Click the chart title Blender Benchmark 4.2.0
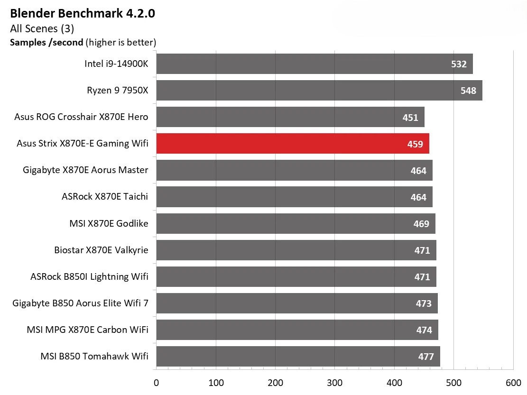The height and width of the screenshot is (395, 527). (x=83, y=13)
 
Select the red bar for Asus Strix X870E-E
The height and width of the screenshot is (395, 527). (x=293, y=144)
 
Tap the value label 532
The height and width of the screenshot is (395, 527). (x=459, y=64)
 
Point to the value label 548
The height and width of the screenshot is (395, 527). (x=468, y=91)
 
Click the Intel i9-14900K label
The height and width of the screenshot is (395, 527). (x=116, y=64)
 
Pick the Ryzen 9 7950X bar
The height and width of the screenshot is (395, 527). (x=319, y=91)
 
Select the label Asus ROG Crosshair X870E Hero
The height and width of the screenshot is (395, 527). (x=81, y=117)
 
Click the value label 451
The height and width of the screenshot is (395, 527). (x=410, y=117)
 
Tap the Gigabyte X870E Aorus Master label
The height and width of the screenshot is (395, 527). (x=85, y=170)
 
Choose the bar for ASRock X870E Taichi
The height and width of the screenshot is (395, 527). (x=294, y=197)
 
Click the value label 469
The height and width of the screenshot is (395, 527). (x=421, y=224)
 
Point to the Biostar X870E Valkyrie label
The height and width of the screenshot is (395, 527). (x=101, y=250)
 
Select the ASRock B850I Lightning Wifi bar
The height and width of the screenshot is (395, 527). (x=296, y=277)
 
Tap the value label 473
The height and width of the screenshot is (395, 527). (x=424, y=303)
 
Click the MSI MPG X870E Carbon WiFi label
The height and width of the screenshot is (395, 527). (x=88, y=330)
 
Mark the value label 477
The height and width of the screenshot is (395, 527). (x=426, y=357)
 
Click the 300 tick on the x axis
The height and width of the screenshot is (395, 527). (x=335, y=383)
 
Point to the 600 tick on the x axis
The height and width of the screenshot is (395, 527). (x=513, y=383)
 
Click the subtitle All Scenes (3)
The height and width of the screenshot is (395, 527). (x=42, y=28)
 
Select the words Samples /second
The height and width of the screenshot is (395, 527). (x=47, y=42)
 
